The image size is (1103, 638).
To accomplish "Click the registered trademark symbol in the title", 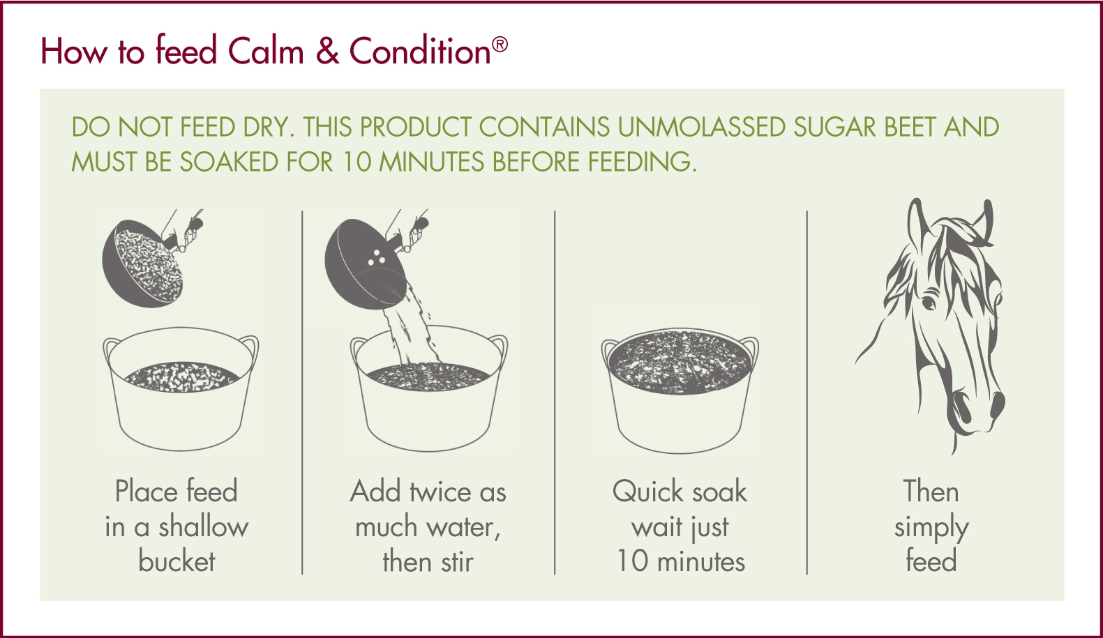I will [x=500, y=45].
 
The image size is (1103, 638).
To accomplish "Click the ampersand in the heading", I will [x=327, y=52].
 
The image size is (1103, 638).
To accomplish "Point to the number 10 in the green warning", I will [x=357, y=162].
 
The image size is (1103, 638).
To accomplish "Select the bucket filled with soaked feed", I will [x=680, y=390].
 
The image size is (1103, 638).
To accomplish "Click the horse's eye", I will [x=929, y=303].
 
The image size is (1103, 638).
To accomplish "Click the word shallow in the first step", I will [x=203, y=527].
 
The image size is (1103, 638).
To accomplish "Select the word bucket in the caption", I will [x=177, y=562].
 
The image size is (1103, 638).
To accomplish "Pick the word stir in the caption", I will [x=457, y=562].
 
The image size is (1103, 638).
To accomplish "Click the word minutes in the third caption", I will [x=701, y=562].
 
